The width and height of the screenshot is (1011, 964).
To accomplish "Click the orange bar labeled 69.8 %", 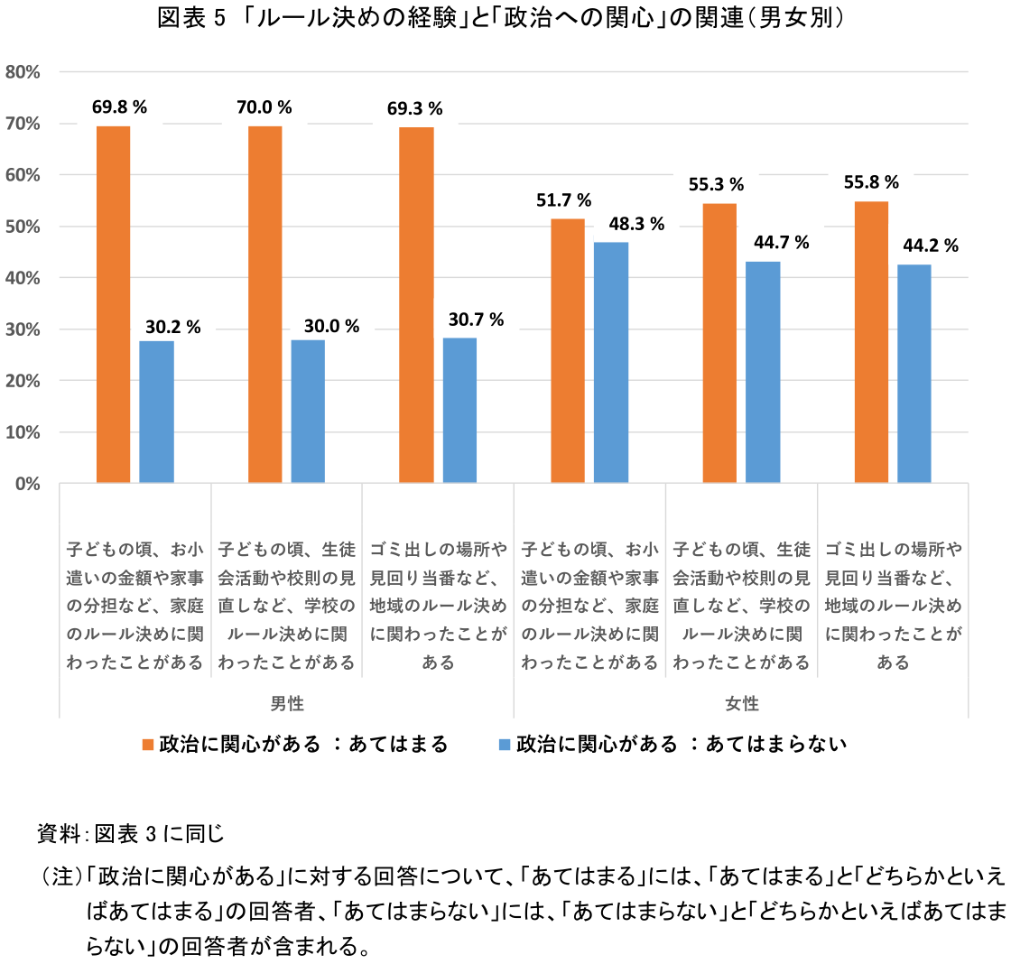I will [113, 304].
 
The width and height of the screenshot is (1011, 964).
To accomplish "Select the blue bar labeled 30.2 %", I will [156, 412].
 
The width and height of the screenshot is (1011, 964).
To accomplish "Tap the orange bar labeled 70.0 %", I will [264, 304].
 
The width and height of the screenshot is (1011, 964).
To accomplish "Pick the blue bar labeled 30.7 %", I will [459, 410].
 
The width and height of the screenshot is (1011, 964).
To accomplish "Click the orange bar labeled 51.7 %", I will [568, 351].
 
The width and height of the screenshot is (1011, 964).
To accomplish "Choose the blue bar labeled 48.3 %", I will [611, 363].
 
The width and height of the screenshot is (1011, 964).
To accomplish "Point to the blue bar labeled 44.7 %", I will [763, 372].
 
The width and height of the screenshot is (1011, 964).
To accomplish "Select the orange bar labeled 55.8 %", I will [871, 342].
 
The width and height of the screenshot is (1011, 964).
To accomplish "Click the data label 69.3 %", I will [414, 109].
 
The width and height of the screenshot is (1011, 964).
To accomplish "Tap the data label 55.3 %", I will [718, 184].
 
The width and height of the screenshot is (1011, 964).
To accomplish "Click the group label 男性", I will [287, 703].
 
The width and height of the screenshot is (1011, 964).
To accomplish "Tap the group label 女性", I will [742, 703].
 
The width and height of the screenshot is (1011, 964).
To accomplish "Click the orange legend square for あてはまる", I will [149, 745].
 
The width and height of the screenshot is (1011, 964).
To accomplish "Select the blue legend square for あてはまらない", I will [505, 745].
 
